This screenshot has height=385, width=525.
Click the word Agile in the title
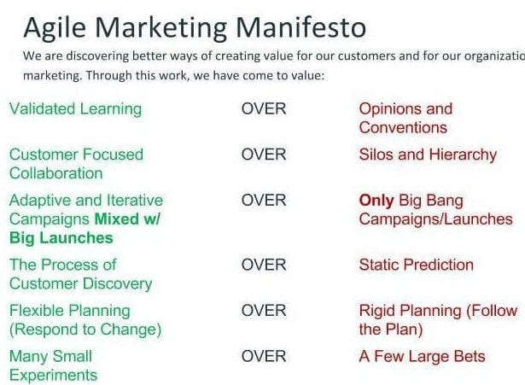pos(50,28)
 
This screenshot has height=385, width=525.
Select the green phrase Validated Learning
pos(75,109)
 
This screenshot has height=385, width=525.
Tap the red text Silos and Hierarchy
pos(428,155)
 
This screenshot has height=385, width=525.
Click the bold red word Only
pos(376,201)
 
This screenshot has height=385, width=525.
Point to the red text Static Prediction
pos(416,265)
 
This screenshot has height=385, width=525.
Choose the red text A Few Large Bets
pos(422,356)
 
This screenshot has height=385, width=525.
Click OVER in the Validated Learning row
pos(264,109)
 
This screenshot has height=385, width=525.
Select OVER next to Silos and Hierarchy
pos(264,155)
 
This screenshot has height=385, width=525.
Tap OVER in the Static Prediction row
pos(264,265)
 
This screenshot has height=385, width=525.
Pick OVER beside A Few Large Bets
pos(264,356)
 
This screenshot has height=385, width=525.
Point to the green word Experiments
pos(53,375)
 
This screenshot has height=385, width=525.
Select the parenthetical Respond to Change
pos(85,330)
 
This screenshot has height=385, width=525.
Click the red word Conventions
pos(403,128)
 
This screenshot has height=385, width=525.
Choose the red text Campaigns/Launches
pos(435,219)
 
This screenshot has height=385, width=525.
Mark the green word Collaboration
pos(55,173)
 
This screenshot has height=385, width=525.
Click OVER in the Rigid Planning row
pos(264,311)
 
